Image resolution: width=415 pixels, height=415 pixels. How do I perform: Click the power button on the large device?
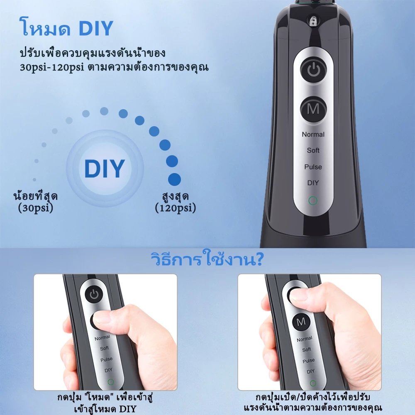pos(314,69)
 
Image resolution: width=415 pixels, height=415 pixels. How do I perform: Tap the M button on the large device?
pos(314,109)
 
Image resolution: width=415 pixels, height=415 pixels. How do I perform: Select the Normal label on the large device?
pos(313,134)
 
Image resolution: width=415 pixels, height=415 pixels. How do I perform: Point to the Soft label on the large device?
pos(313,150)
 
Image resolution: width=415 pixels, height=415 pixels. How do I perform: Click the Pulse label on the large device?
pos(313,167)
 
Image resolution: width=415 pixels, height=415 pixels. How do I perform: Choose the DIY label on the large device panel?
pos(313,183)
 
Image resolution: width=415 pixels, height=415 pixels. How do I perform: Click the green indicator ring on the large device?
pos(313,200)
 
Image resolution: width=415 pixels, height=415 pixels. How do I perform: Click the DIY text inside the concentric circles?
pos(105,168)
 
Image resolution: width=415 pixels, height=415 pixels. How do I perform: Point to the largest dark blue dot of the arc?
pos(174,179)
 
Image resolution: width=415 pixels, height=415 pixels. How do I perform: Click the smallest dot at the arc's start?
pos(34,180)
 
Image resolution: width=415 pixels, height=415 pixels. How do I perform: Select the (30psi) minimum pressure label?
pos(36,208)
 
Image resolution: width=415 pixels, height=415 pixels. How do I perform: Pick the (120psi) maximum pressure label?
pos(176,208)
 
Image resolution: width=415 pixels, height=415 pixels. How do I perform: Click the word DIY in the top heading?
pos(96,28)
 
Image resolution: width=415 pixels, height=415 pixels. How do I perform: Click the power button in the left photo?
pos(94,295)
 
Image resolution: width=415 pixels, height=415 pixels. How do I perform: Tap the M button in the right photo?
pos(300,322)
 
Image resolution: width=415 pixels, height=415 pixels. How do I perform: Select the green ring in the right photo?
pos(313,383)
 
